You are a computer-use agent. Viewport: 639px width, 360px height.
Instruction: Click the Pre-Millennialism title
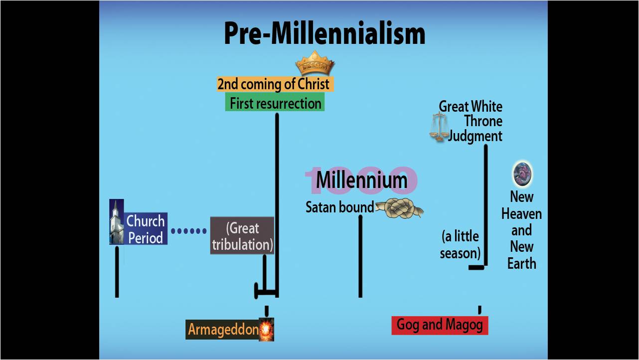point(324,34)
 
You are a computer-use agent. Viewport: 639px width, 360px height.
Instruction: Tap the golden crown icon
point(315,63)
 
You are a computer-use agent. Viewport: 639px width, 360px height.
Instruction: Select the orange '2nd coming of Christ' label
point(275,84)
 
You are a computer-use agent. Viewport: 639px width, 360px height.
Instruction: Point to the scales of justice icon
point(439,127)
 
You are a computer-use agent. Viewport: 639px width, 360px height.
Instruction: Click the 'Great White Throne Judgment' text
point(471,121)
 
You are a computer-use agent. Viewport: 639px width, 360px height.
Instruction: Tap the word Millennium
point(361,180)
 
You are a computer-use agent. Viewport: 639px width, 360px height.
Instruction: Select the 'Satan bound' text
point(339,207)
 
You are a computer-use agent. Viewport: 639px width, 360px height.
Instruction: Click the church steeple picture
point(117,222)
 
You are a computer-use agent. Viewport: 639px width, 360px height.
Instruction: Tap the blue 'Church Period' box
point(146,229)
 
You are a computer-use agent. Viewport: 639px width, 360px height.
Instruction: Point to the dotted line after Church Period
point(188,231)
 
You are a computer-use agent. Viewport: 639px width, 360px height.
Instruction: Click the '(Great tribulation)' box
point(242,236)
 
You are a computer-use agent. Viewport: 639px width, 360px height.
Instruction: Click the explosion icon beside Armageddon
point(267,330)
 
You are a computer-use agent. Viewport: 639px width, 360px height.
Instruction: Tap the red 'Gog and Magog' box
point(440,325)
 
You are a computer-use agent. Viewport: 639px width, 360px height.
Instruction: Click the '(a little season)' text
point(460,244)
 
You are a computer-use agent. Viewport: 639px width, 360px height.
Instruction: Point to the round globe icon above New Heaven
point(522,174)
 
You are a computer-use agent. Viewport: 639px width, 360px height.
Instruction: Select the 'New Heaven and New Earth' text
point(521,230)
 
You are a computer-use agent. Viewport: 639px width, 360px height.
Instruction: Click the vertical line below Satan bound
point(360,256)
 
